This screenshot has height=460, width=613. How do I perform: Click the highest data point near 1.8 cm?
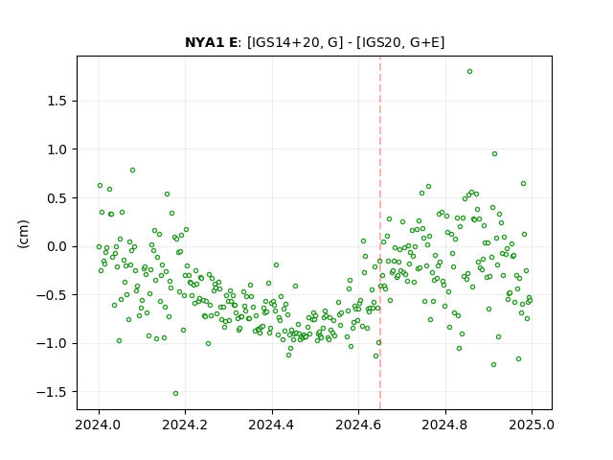pyautogui.click(x=469, y=71)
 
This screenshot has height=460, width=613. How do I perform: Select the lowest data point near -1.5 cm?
pyautogui.click(x=175, y=393)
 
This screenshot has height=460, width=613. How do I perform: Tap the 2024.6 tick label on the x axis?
pyautogui.click(x=358, y=425)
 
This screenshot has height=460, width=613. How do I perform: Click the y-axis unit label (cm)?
pyautogui.click(x=23, y=234)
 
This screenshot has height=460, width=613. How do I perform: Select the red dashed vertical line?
pyautogui.click(x=380, y=233)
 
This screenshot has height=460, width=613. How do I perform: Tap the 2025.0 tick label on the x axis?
pyautogui.click(x=532, y=425)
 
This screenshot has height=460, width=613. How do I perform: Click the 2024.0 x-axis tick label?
pyautogui.click(x=99, y=425)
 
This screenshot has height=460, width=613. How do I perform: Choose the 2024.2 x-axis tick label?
pyautogui.click(x=185, y=425)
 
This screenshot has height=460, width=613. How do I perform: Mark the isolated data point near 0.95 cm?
pyautogui.click(x=494, y=153)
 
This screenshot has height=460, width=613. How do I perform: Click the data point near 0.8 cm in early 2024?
pyautogui.click(x=132, y=171)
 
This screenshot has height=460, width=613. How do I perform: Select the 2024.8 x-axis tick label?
pyautogui.click(x=444, y=425)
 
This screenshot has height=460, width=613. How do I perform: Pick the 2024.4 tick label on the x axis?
pyautogui.click(x=272, y=425)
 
